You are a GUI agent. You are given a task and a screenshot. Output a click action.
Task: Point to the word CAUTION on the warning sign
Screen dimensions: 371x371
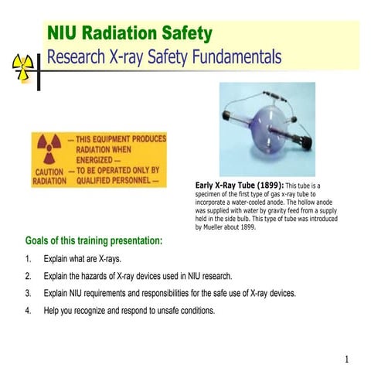[49, 171]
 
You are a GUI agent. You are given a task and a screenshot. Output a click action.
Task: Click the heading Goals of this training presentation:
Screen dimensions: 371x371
[94, 241]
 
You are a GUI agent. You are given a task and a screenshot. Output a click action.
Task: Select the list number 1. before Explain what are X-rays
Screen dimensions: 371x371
[29, 259]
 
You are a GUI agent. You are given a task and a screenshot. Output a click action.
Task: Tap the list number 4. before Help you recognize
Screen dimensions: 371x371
[29, 311]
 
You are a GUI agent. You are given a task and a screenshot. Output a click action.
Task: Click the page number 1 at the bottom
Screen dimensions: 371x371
[347, 359]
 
